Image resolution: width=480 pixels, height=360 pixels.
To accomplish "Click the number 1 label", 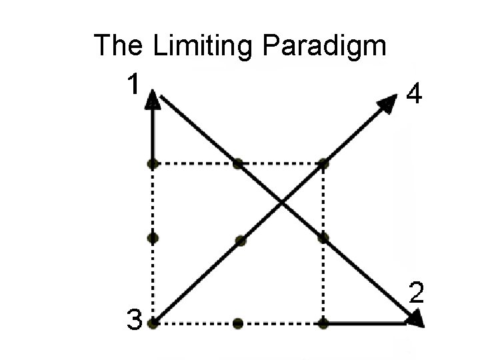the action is pos(133,85).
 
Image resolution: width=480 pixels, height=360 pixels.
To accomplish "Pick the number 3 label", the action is pos(134,323).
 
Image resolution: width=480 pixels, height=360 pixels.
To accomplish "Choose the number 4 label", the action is pos(413,97).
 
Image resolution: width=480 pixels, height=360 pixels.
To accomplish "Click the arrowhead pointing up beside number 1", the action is pos(153,99).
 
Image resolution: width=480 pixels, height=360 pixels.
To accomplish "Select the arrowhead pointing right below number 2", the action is pos(415,321).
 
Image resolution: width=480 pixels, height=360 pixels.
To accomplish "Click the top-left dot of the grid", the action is pos(153,163).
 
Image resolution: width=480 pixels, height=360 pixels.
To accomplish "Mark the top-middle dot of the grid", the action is pos(238,163).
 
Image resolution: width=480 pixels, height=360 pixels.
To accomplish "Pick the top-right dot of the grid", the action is pos(323,163).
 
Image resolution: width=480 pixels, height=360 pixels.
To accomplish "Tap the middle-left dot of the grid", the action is pos(153,237).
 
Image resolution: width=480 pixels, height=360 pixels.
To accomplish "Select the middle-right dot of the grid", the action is pos(323,237).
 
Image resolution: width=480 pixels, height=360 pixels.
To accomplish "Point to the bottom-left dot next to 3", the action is pos(153,323).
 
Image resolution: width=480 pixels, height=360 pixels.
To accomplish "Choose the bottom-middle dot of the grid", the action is pos(238,323).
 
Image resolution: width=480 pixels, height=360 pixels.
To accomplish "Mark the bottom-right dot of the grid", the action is pos(323,323).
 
